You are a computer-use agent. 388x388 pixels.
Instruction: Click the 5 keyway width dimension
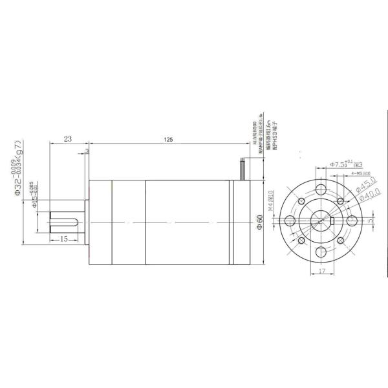[371, 220]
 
